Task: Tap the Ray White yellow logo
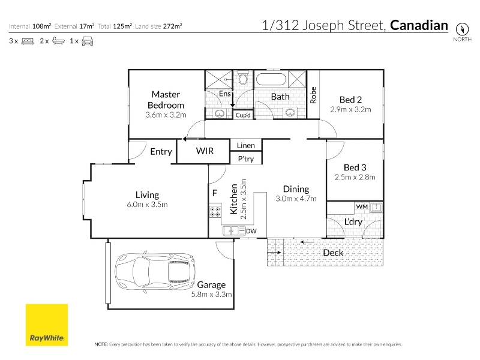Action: tap(47, 325)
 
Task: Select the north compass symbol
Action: tap(462, 29)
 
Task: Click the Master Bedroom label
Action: tap(166, 100)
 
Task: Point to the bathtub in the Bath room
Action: tap(271, 79)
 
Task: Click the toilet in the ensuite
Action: tap(243, 78)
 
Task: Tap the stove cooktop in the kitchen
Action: tap(215, 212)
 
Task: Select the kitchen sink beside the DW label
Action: tap(231, 230)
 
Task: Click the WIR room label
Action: tap(205, 151)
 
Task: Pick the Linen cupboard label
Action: tap(246, 145)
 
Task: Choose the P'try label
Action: tap(246, 159)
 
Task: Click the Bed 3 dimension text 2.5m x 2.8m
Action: tap(355, 177)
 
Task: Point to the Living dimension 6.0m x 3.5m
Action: tap(147, 205)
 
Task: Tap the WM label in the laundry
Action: tap(362, 206)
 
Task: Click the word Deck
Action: tap(333, 253)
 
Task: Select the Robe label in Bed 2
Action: tap(313, 95)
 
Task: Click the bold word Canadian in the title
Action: tap(419, 25)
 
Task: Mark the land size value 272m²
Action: tap(172, 26)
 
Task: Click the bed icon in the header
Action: tap(28, 41)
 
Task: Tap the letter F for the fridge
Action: tap(215, 193)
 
